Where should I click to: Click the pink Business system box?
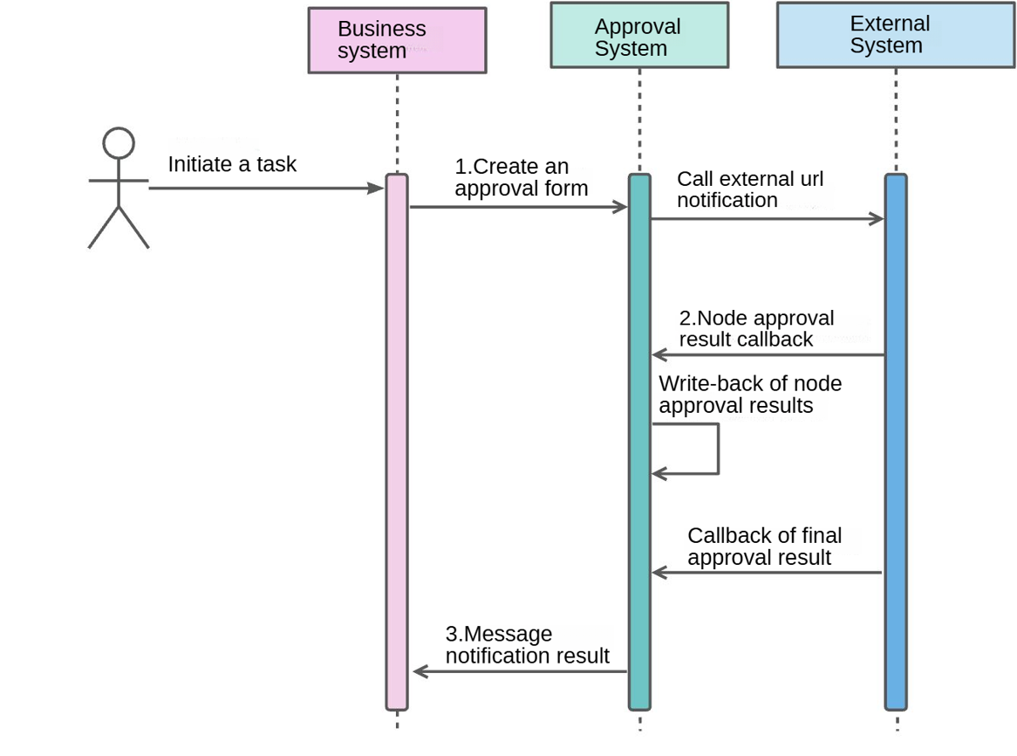(x=397, y=40)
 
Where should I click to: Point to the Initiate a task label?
(x=232, y=164)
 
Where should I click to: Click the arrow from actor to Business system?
(x=262, y=187)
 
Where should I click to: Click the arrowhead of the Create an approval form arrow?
(x=621, y=207)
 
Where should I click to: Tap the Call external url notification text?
(x=750, y=189)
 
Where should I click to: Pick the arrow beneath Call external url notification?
(x=768, y=219)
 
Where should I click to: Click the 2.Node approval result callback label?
(x=755, y=328)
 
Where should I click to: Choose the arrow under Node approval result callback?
(x=768, y=355)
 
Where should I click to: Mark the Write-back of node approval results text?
(x=750, y=395)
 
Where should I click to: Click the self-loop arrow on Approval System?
(x=717, y=449)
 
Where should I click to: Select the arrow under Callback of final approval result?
(x=768, y=573)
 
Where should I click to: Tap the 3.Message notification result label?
(x=527, y=644)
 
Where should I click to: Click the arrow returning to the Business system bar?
(x=520, y=671)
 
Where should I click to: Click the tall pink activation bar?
(x=397, y=436)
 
